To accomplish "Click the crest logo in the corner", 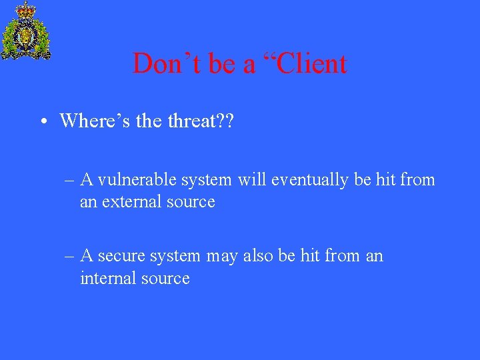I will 26,32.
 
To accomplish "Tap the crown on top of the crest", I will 26,9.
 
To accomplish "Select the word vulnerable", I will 138,180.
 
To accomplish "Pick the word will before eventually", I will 251,179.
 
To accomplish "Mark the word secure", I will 122,256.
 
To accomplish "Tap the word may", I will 222,257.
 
